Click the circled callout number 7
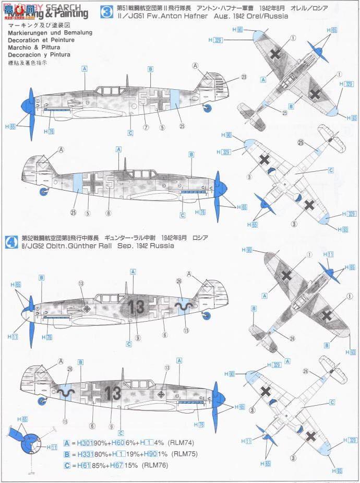(146, 126)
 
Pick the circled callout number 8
(108, 213)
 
